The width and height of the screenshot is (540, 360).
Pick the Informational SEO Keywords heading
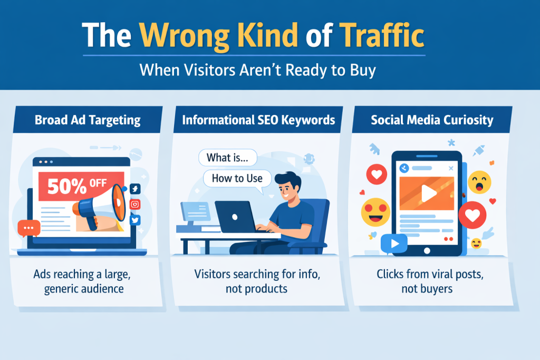click(258, 120)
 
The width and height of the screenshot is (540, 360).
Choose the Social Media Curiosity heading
click(432, 120)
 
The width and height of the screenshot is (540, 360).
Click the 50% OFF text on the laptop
click(77, 186)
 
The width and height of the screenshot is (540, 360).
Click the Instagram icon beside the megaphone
click(135, 205)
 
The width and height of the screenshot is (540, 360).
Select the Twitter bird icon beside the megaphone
click(135, 220)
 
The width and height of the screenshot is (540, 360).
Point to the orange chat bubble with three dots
click(28, 229)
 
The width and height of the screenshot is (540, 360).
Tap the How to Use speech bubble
click(237, 178)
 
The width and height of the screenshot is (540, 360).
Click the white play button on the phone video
click(428, 193)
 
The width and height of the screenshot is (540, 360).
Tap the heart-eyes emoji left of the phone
click(375, 212)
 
